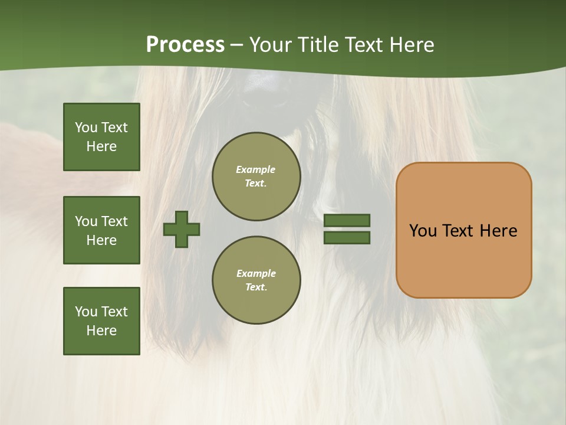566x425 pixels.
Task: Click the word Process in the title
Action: [185, 45]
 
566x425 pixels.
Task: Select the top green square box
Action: [101, 137]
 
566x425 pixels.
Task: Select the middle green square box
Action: [101, 230]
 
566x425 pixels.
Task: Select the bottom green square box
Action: [101, 321]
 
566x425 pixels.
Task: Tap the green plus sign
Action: [182, 229]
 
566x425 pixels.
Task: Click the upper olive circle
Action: [256, 176]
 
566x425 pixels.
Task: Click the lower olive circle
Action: [256, 280]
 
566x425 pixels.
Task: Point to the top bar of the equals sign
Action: [347, 220]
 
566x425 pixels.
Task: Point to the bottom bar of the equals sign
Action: [347, 237]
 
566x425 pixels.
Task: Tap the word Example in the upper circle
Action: [256, 169]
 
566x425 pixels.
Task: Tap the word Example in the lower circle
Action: [256, 273]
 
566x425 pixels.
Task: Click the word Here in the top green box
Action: [101, 146]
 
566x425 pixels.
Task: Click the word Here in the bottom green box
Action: [101, 331]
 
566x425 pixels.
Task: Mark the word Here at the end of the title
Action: [412, 45]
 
